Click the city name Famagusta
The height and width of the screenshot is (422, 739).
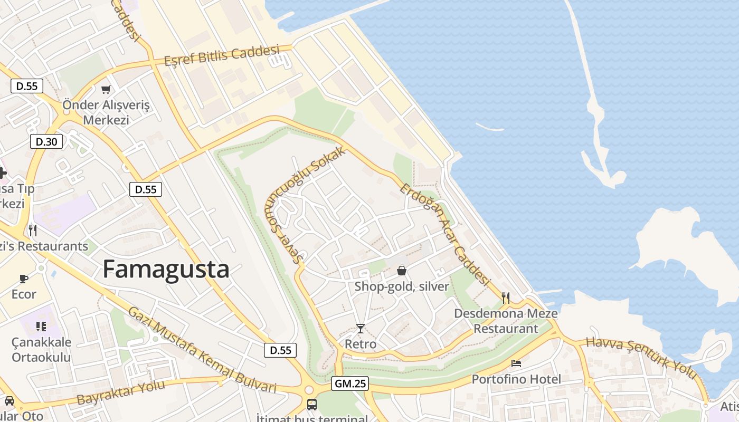tap(166, 269)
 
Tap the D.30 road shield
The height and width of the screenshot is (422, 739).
tap(46, 141)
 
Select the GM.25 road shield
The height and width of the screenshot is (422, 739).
tap(350, 384)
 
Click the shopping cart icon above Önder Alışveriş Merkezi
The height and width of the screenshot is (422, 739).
tap(106, 90)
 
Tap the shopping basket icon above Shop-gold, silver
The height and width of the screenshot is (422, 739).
tap(402, 271)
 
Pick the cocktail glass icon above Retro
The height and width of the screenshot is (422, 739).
tap(360, 329)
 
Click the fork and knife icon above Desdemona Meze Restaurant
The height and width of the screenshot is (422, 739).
tap(506, 298)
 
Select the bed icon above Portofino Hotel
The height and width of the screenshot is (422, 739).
tap(516, 363)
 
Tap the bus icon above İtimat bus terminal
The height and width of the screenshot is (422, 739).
tap(312, 405)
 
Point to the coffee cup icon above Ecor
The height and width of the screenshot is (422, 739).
tap(24, 279)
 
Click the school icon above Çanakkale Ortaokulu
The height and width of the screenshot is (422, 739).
tap(41, 327)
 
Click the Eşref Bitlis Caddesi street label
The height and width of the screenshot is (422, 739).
tap(221, 55)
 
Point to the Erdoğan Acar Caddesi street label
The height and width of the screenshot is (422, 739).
tap(446, 234)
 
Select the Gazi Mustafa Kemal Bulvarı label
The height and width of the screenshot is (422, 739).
tap(202, 350)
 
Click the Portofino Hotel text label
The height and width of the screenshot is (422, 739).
tap(516, 379)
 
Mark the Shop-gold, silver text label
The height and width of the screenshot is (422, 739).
tap(402, 286)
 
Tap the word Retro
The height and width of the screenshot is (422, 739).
tap(361, 344)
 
